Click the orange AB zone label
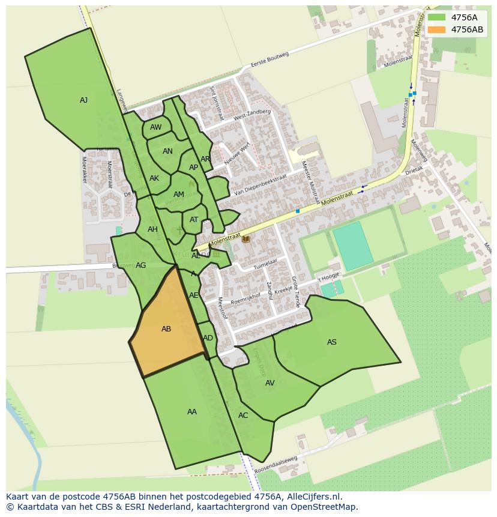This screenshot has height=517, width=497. pyautogui.click(x=166, y=329)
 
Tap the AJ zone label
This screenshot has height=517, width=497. pyautogui.click(x=83, y=100)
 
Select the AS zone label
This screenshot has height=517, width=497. pyautogui.click(x=331, y=342)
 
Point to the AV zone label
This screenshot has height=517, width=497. pyautogui.click(x=270, y=383)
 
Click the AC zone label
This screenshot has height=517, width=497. pyautogui.click(x=243, y=416)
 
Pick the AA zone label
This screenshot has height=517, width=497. pyautogui.click(x=192, y=412)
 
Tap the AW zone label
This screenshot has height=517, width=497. pyautogui.click(x=156, y=127)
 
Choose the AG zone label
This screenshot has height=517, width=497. pyautogui.click(x=141, y=265)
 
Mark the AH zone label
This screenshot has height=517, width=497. pyautogui.click(x=152, y=229)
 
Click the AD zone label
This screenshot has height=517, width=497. pyautogui.click(x=208, y=338)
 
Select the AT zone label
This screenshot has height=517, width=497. pyautogui.click(x=194, y=220)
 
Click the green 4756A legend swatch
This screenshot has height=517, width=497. pyautogui.click(x=436, y=17)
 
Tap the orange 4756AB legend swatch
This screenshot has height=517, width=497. pyautogui.click(x=436, y=29)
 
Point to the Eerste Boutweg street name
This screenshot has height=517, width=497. pyautogui.click(x=270, y=59)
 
